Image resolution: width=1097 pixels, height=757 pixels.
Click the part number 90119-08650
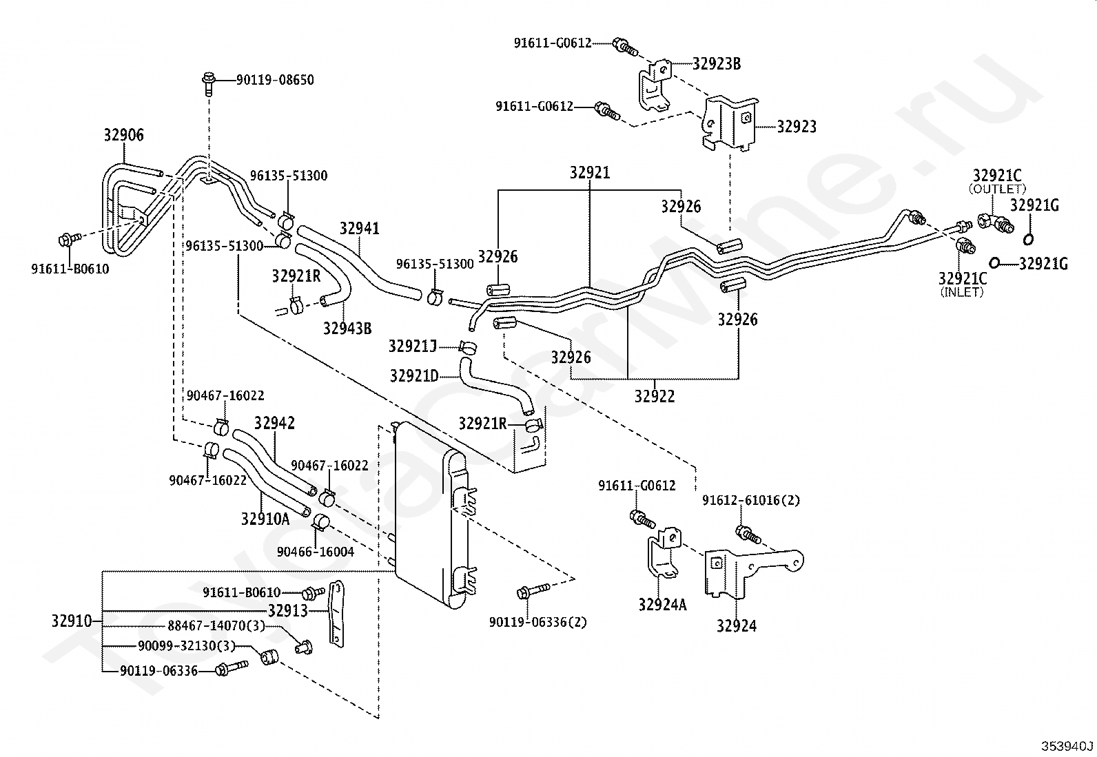coord(275,80)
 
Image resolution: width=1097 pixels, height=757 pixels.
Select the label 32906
coord(124,134)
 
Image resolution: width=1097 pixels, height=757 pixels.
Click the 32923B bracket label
coord(717,63)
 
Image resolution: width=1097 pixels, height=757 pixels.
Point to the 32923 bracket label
coord(797,127)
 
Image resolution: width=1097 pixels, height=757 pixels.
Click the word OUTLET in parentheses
coord(997,189)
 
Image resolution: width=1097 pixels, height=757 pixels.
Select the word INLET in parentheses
coord(962,292)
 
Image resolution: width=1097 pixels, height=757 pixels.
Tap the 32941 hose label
coord(360,228)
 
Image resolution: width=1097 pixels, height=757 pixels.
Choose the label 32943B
coord(347,328)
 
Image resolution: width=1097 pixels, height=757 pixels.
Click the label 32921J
coord(412,346)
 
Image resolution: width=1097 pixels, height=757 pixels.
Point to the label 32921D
coord(414,376)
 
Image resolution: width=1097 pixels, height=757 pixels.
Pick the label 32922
coord(655,396)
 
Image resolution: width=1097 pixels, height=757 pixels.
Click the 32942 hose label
coord(275,423)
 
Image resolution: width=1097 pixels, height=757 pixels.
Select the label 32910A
coord(265,519)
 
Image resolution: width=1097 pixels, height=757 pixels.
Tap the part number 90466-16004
coord(316,552)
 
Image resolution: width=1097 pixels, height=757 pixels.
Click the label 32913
coord(288,610)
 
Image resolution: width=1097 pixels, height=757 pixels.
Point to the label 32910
coord(72,621)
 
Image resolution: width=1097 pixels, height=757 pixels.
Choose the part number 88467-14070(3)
coord(216,625)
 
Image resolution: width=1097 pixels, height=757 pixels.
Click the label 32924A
coord(663,605)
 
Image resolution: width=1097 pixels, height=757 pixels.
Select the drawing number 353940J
coord(1067,746)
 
